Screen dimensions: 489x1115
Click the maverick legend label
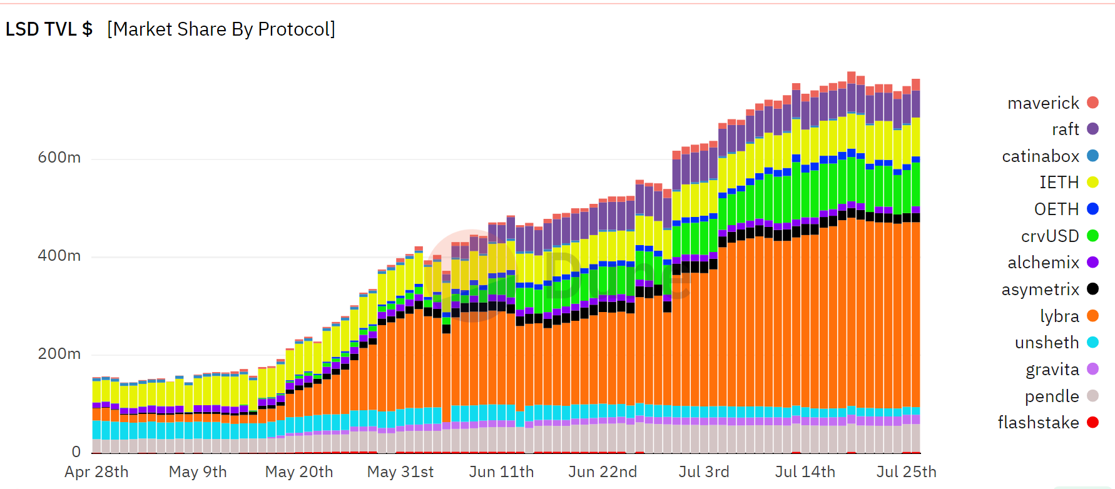(x=1043, y=103)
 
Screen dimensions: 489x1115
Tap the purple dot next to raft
(x=1092, y=129)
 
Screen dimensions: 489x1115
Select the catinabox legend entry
(x=1041, y=156)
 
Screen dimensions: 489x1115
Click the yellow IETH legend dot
(x=1092, y=182)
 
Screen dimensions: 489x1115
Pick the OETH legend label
(x=1056, y=209)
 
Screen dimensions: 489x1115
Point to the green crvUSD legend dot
(x=1092, y=236)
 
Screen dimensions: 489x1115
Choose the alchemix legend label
(x=1043, y=262)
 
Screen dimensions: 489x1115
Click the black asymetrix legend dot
(x=1092, y=289)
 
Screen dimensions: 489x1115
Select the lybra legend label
(x=1059, y=316)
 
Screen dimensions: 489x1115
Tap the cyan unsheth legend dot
(x=1092, y=342)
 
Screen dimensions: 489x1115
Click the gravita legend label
(x=1052, y=370)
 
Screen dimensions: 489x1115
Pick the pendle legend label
(x=1052, y=396)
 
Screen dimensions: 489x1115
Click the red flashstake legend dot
(x=1092, y=422)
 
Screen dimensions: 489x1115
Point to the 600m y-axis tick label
(x=59, y=157)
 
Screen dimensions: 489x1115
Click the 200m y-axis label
(x=59, y=353)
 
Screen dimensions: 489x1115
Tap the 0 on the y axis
(x=76, y=451)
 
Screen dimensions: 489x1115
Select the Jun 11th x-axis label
(x=501, y=471)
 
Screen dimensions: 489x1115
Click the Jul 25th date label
(x=906, y=471)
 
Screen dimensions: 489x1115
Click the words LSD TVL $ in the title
(x=49, y=29)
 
